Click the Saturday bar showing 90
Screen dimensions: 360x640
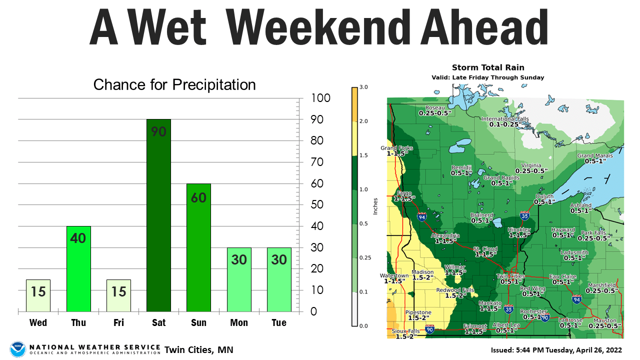[x=158, y=215]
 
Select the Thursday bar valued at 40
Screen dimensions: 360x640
[x=78, y=268]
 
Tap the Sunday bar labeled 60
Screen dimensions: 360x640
[x=198, y=247]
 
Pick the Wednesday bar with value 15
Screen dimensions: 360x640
[x=38, y=295]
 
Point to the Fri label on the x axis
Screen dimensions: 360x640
[x=118, y=322]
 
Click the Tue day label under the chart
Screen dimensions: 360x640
[x=279, y=322]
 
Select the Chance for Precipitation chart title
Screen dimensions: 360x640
[x=174, y=84]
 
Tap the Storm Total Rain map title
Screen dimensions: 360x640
[x=487, y=67]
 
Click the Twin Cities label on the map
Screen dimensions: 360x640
[x=510, y=276]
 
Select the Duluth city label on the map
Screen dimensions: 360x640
[x=544, y=196]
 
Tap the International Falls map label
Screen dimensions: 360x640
[x=505, y=119]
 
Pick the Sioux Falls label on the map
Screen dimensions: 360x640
[x=405, y=331]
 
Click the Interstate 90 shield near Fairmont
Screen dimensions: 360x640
[x=430, y=329]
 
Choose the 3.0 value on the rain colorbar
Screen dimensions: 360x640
[x=364, y=87]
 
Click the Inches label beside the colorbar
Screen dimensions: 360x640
[x=375, y=205]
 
